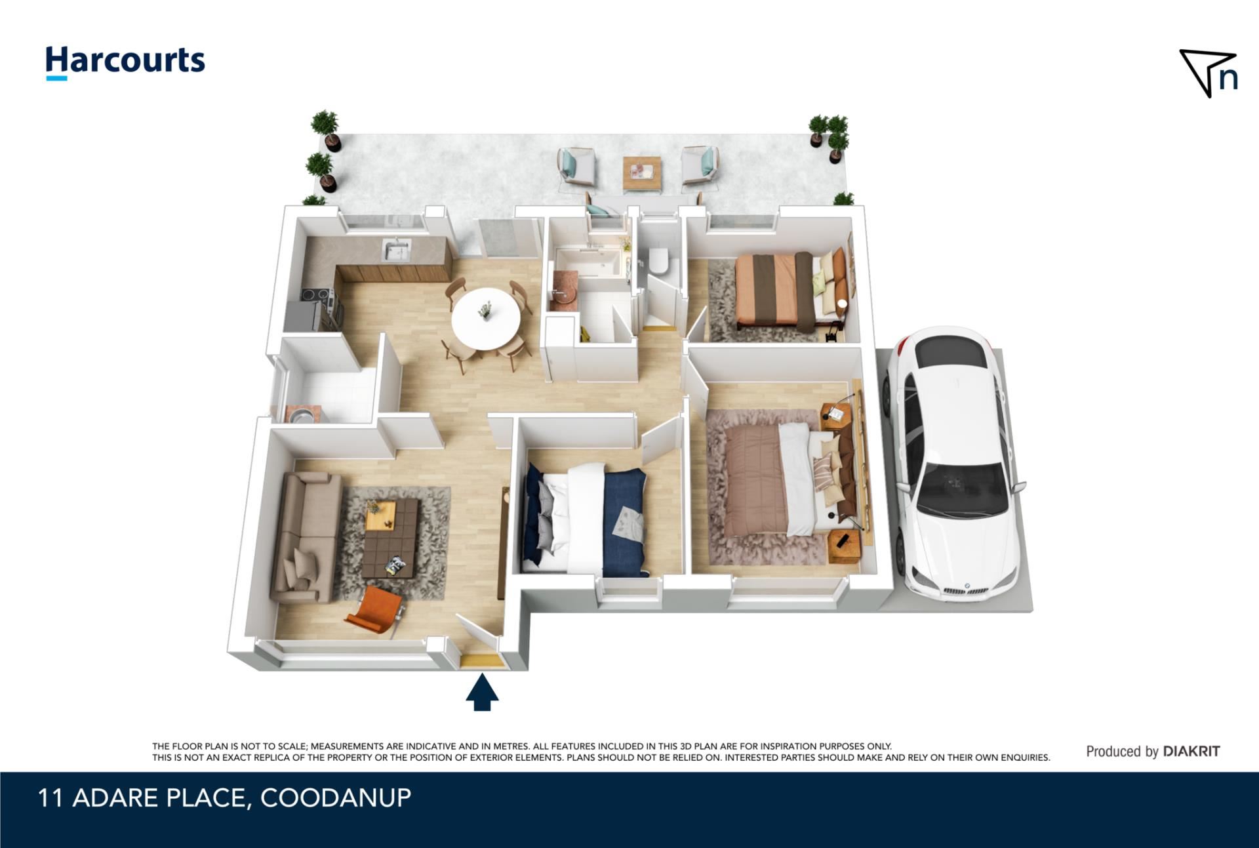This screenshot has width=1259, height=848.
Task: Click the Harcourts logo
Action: tap(125, 62)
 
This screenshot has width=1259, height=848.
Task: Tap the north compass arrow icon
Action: tap(1209, 73)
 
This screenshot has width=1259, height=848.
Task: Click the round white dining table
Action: tap(486, 319)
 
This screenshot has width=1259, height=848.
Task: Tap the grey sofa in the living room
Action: tap(306, 538)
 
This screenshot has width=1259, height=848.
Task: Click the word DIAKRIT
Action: tap(1191, 752)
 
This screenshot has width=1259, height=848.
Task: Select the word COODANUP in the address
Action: tap(336, 798)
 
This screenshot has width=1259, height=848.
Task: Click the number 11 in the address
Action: tap(50, 798)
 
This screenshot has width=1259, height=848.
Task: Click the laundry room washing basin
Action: tap(301, 414)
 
